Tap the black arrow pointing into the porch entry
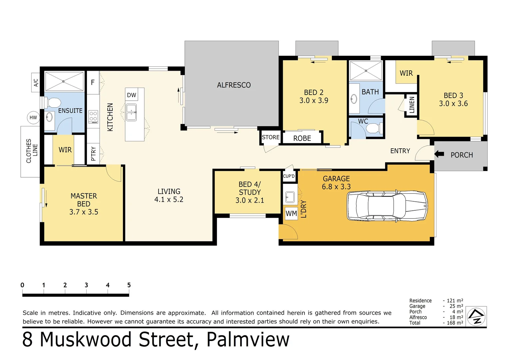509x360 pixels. tap(439, 154)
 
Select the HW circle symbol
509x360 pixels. tap(33, 117)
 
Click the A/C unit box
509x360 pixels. tap(36, 82)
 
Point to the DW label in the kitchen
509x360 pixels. tap(132, 95)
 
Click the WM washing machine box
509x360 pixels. tap(291, 213)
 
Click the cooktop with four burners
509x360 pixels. tap(93, 117)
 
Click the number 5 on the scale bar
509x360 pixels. tap(129, 285)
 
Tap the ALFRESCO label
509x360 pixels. tap(234, 85)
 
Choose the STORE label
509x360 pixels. tap(270, 137)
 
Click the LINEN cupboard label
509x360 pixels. tap(412, 105)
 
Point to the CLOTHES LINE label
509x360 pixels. tap(32, 151)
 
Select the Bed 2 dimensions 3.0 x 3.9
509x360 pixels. tap(313, 100)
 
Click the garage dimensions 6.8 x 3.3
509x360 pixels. tap(336, 187)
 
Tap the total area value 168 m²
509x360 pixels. tap(455, 323)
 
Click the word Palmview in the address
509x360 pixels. tap(248, 339)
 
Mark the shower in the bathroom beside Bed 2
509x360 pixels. tap(365, 71)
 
